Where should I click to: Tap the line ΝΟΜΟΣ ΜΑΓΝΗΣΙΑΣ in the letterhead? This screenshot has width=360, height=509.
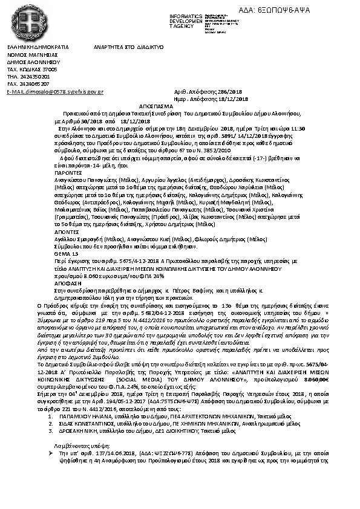click(27, 54)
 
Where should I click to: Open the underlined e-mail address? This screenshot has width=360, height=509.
click(55, 91)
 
